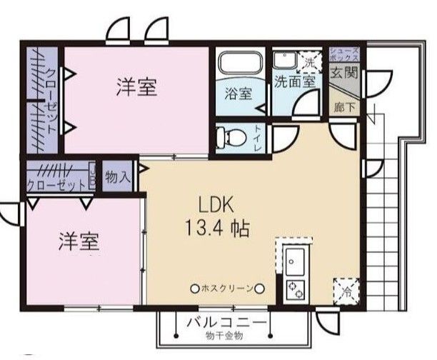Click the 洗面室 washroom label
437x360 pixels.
pyautogui.click(x=296, y=81)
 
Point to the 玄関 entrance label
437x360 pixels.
pyautogui.click(x=345, y=73)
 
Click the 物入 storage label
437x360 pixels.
pyautogui.click(x=117, y=176)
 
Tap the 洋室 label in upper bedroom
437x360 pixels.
pyautogui.click(x=137, y=88)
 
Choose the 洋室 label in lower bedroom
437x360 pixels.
pyautogui.click(x=79, y=241)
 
